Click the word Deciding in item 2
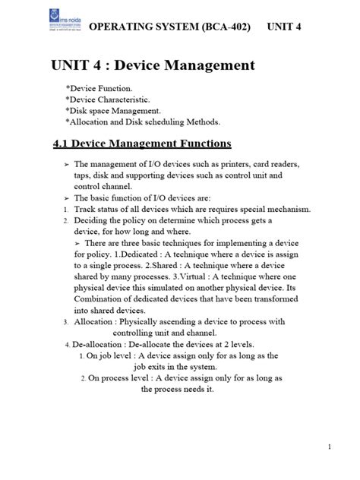point(93,220)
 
